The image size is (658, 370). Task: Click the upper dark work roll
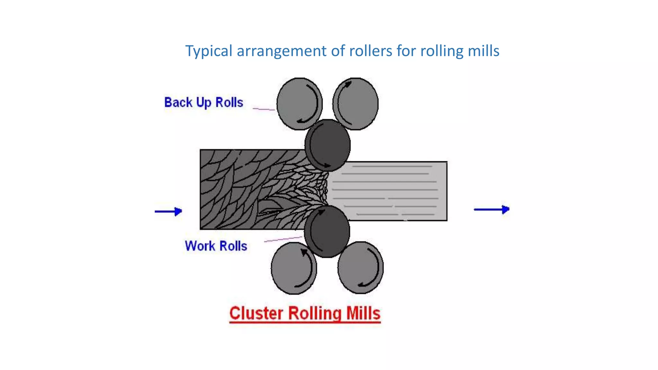pos(327,145)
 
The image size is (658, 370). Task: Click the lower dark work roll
pos(327,232)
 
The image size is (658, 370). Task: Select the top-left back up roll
pos(299,103)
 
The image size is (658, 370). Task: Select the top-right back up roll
pos(355,103)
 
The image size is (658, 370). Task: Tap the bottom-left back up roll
pos(294,268)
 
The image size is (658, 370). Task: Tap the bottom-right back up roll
pos(360,268)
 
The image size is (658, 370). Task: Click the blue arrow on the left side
pos(168,211)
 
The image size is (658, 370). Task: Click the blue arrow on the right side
pos(492,209)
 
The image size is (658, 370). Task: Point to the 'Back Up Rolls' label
pos(204,102)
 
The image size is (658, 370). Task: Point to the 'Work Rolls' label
pos(216,246)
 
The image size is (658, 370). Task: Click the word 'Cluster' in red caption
pos(256,313)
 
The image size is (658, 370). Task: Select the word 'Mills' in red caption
pos(363,313)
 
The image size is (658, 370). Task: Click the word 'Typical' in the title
pos(209,51)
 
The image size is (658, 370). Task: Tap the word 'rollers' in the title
pos(370,51)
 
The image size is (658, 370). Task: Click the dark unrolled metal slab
pos(244,189)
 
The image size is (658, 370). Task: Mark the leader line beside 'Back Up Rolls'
pos(263,109)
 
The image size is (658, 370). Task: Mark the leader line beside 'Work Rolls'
pos(283,239)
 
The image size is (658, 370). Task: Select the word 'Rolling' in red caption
pos(315,313)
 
